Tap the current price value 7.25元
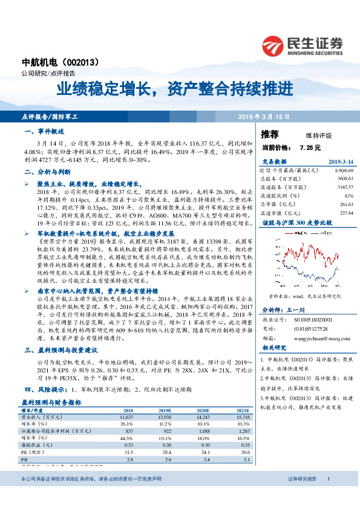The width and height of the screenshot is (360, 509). tap(309, 147)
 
